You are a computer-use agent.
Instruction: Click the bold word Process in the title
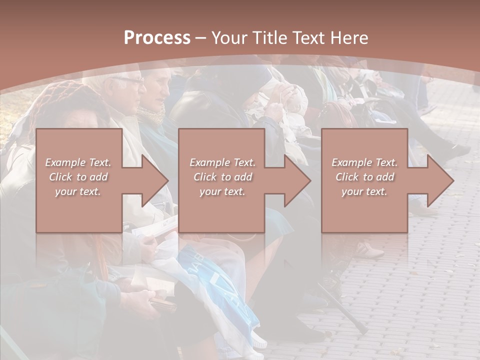[157, 38]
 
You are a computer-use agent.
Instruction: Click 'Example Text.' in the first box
[78, 162]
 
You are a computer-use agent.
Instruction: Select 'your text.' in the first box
[78, 191]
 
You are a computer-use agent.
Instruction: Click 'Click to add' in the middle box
[222, 177]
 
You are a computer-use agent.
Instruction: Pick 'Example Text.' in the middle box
[222, 162]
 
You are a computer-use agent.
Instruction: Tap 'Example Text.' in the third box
[364, 162]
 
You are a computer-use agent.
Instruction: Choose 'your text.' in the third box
[364, 191]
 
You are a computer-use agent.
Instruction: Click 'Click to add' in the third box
[364, 177]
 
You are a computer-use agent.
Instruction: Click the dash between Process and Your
[200, 38]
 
